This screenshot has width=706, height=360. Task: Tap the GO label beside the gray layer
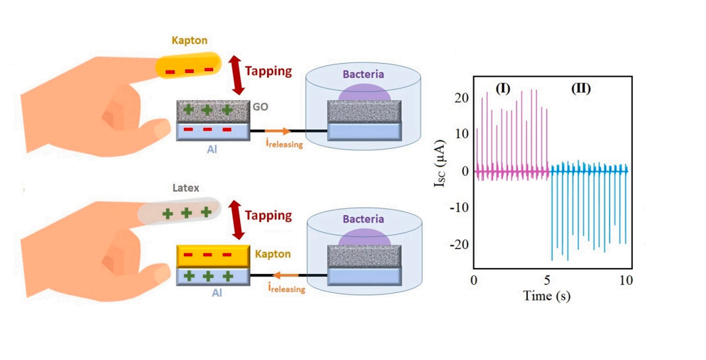(x=261, y=107)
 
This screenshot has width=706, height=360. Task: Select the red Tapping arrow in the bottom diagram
(x=237, y=219)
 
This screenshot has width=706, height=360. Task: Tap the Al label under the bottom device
(x=214, y=295)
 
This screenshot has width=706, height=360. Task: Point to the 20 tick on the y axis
(x=460, y=97)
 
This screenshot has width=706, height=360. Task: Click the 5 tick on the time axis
(x=550, y=280)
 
